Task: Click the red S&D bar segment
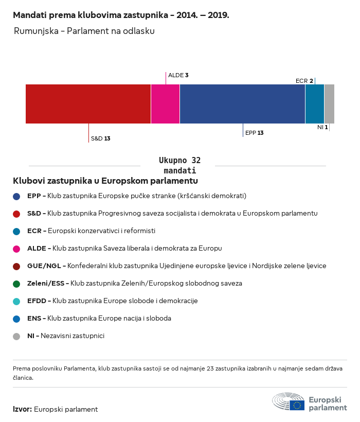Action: tap(88, 104)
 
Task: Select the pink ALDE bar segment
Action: tap(165, 104)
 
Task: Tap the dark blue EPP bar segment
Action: tap(242, 104)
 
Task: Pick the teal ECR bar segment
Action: tap(315, 104)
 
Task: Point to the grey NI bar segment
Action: tap(329, 104)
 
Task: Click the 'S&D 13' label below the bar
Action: tap(101, 138)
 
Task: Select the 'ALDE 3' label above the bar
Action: tap(178, 75)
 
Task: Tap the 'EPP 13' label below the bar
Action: tap(255, 133)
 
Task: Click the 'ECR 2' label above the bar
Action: tap(304, 81)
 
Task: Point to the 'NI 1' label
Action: tap(322, 127)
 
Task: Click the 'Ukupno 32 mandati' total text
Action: tap(179, 165)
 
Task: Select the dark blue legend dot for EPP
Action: tap(16, 196)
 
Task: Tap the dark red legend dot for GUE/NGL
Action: tap(16, 266)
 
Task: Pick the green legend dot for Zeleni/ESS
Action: tap(16, 284)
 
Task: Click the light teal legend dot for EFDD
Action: tap(16, 301)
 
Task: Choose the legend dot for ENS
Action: tap(16, 319)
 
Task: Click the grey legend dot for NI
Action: tap(16, 336)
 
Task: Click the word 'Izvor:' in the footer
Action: tap(23, 409)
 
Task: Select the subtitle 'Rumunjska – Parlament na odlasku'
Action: tap(84, 31)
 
